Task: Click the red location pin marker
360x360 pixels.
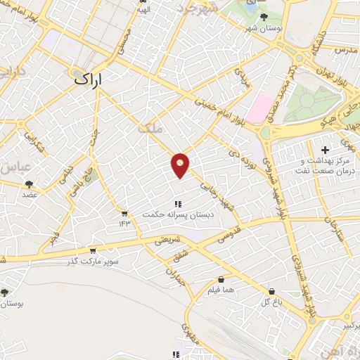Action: (x=181, y=165)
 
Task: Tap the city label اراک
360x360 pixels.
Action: (x=88, y=79)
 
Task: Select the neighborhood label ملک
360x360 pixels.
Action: (x=150, y=129)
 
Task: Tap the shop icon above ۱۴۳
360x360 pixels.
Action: (x=124, y=214)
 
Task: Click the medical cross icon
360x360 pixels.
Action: (x=324, y=150)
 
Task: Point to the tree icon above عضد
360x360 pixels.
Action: (x=29, y=184)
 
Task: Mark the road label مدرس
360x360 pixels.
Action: (x=346, y=51)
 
